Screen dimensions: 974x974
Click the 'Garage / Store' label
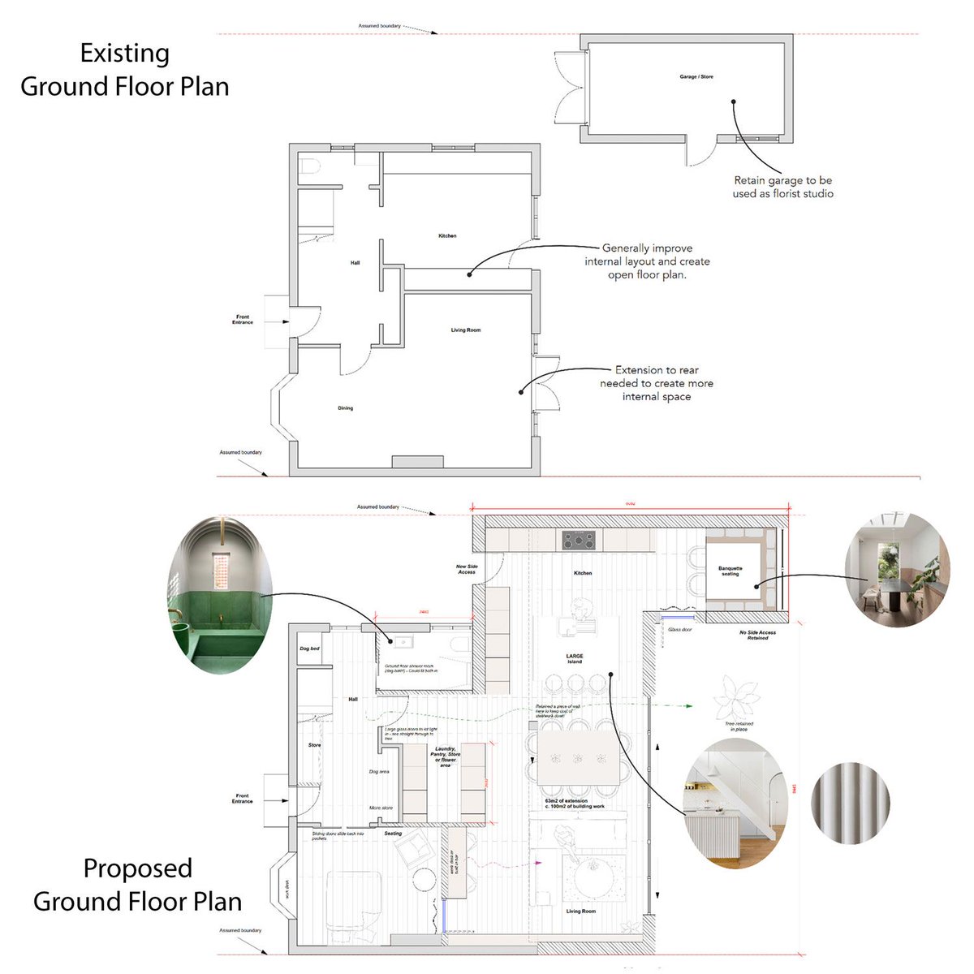pos(696,77)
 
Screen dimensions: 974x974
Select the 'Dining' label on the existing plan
pos(345,408)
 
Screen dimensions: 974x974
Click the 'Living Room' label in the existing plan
pos(466,330)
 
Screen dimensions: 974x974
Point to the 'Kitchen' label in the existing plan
pos(447,236)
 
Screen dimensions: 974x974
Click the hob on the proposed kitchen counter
pos(578,540)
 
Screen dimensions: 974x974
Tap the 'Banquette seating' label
pos(730,571)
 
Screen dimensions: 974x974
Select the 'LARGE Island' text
pos(575,658)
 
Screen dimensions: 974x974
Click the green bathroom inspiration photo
pos(221,593)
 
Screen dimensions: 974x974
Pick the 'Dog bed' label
pos(309,649)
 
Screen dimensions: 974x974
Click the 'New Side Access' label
pos(467,569)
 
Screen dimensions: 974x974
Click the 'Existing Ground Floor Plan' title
pos(125,70)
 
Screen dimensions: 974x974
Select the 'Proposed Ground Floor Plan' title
pos(137,885)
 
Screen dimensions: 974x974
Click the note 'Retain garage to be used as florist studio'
pos(782,187)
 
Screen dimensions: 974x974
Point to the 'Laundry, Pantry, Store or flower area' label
pos(446,756)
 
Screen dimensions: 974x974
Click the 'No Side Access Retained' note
pos(757,635)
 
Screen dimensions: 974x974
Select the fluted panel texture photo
pos(851,804)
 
